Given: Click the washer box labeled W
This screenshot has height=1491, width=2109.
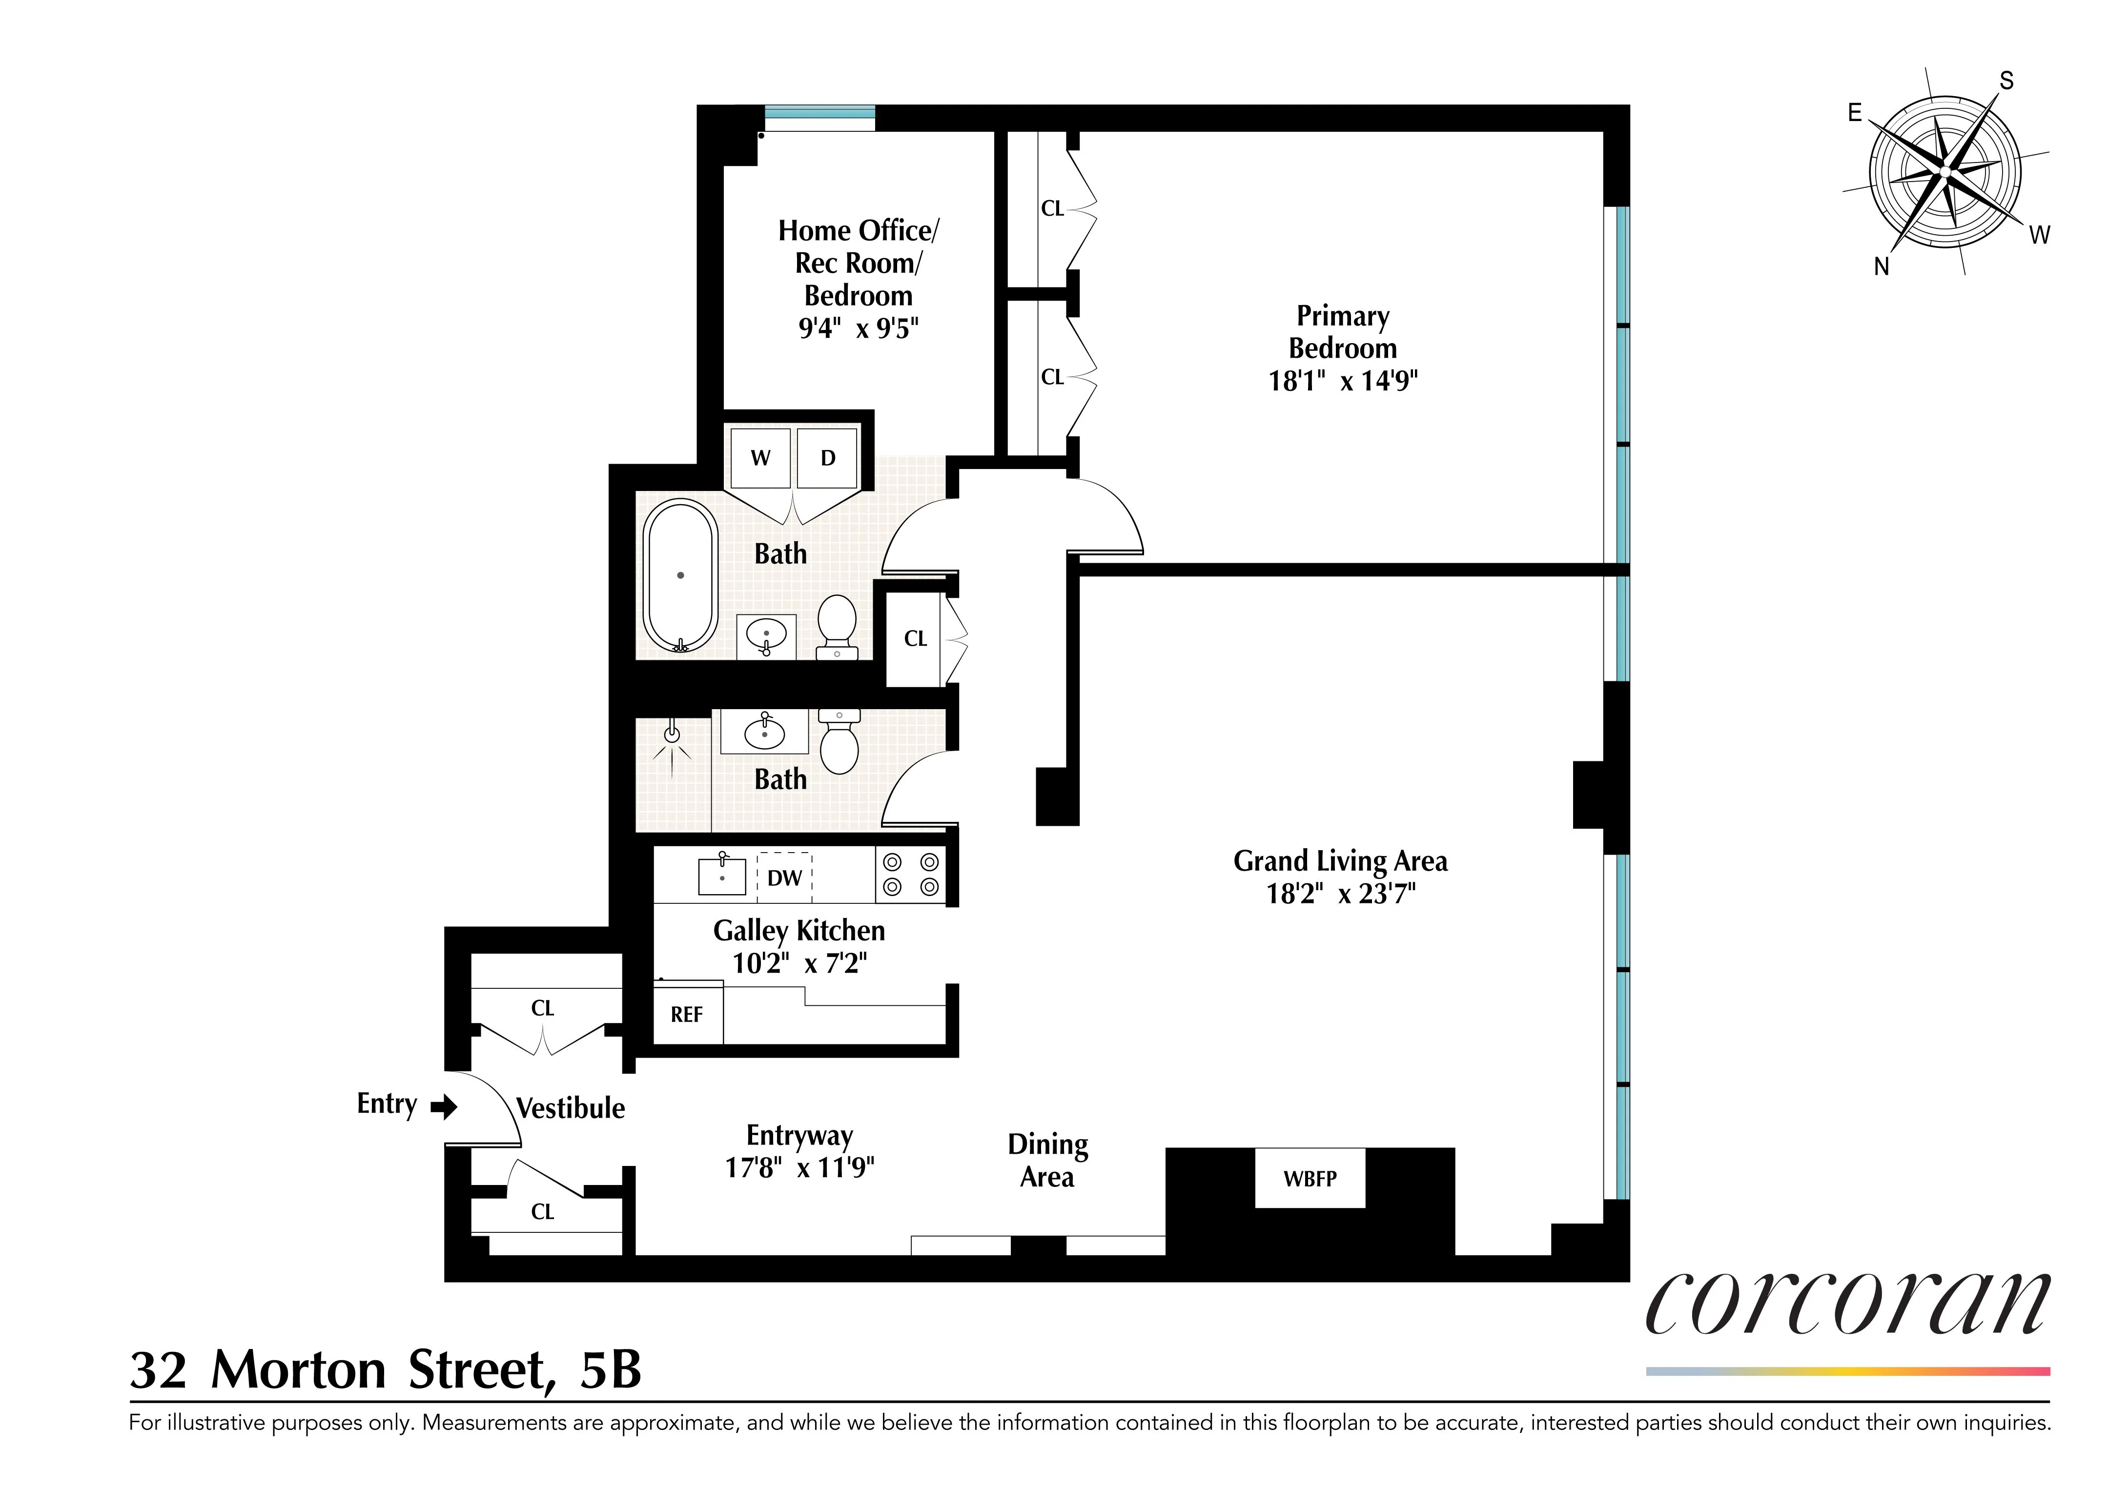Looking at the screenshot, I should click(759, 457).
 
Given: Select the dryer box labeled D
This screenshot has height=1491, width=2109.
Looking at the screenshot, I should click(828, 457).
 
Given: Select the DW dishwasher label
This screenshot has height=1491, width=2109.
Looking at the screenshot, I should click(784, 878).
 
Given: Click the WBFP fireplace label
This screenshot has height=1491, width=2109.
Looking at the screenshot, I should click(1310, 1179).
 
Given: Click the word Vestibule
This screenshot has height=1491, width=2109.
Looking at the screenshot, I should click(571, 1109).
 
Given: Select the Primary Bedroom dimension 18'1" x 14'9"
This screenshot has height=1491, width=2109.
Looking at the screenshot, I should click(1343, 380).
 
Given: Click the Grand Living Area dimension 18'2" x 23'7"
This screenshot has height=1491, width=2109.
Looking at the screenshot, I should click(1340, 894).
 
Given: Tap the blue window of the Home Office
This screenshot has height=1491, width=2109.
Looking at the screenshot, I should click(819, 113).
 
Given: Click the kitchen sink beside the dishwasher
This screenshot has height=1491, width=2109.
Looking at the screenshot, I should click(722, 876).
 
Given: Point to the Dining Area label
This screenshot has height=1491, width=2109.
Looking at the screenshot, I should click(1047, 1160).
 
